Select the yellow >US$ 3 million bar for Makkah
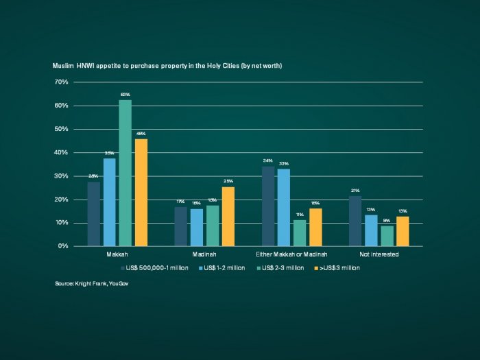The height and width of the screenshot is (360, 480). (x=141, y=193)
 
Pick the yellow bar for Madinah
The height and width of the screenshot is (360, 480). (x=228, y=217)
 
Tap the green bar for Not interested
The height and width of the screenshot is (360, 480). (x=387, y=236)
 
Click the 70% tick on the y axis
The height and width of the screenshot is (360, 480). (x=61, y=82)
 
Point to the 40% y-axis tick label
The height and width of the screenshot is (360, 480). (x=61, y=152)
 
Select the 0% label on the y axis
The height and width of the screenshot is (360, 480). (x=62, y=246)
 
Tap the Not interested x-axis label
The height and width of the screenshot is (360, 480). (x=379, y=254)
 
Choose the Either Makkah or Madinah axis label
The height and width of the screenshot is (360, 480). (x=291, y=254)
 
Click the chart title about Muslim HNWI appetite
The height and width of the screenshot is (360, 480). (x=168, y=66)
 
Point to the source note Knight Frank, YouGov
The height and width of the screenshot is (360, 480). (x=92, y=283)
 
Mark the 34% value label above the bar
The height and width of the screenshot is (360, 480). (x=267, y=160)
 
